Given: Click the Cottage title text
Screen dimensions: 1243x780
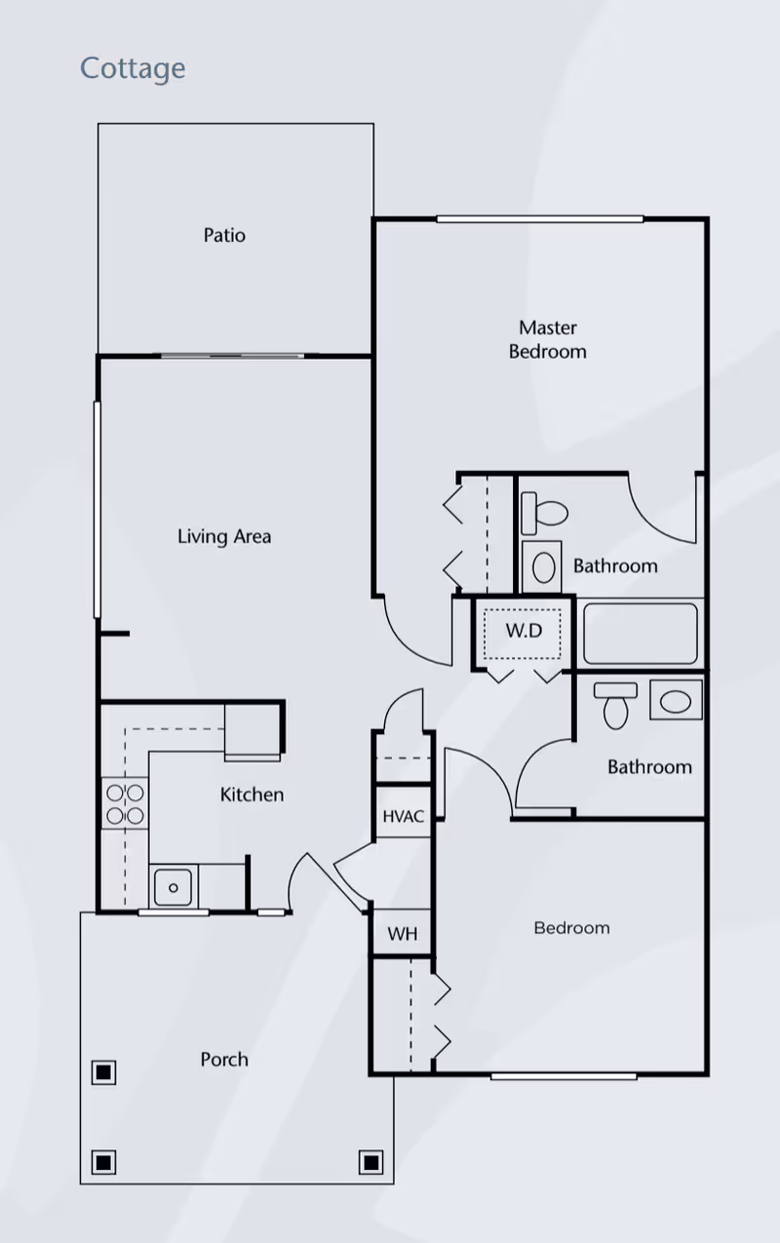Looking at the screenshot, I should point(133,68).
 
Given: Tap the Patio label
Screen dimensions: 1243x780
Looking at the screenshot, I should point(224,235).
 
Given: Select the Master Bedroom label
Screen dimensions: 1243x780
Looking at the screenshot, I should point(547,339).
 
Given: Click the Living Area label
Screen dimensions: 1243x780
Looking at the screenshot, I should point(224,536).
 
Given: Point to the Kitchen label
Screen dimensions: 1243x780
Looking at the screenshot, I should point(252,795).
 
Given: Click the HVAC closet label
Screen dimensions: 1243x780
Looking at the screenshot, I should point(403,816).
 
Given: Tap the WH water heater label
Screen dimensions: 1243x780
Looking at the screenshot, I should point(403,934).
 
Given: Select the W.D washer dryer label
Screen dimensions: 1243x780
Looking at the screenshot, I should point(523,631).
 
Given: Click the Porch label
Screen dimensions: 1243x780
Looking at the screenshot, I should point(224,1059).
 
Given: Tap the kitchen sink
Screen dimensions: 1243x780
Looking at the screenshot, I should point(174,887).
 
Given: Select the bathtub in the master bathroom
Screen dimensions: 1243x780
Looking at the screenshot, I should point(641,634).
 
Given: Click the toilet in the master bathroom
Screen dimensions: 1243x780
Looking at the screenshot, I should point(544,511).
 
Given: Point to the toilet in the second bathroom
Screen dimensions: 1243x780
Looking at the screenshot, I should point(615,705).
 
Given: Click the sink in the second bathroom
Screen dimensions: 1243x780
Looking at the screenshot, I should point(675,700).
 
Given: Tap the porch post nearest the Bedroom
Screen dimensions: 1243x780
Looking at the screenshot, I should point(370,1162).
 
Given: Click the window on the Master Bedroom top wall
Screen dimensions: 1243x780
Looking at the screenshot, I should point(539,218).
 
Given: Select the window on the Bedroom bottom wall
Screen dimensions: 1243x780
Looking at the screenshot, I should point(564,1076).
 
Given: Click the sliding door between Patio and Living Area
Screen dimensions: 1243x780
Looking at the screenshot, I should point(232,356).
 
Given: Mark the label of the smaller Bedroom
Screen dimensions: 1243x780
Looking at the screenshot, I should point(571,927).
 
